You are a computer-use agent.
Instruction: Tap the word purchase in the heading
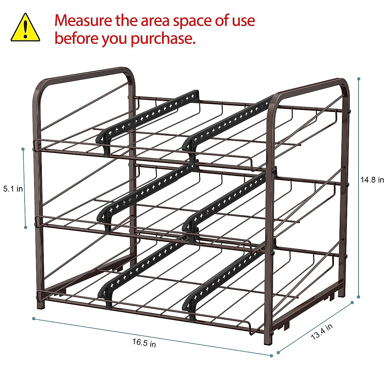click(x=163, y=39)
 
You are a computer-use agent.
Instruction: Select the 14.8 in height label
click(x=372, y=180)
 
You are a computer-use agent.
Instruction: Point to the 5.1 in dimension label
click(x=13, y=189)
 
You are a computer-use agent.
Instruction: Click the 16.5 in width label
click(x=144, y=343)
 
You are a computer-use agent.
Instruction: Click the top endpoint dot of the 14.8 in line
click(x=359, y=79)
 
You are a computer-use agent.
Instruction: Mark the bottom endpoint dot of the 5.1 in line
click(x=26, y=228)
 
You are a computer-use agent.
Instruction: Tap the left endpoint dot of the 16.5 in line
click(x=34, y=319)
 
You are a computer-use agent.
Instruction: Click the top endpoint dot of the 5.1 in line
click(x=23, y=149)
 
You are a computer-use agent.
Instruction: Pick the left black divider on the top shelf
click(x=147, y=117)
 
